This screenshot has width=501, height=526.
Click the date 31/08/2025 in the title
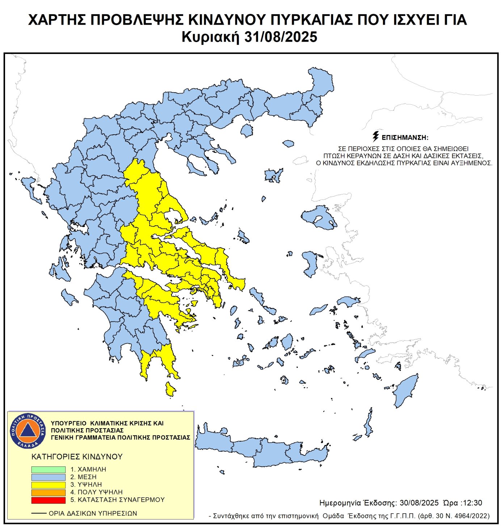coord(281,37)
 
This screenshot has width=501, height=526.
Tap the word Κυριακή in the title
coord(210,37)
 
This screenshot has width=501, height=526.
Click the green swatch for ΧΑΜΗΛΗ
coord(48,469)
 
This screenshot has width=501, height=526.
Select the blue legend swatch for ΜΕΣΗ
coord(48,477)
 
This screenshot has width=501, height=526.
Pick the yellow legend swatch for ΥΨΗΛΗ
coord(48,484)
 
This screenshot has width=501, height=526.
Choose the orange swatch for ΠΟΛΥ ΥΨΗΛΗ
coord(48,492)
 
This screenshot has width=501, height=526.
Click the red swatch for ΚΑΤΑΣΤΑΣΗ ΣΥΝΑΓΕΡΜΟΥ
coord(48,500)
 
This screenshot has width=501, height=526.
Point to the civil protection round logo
coord(28,430)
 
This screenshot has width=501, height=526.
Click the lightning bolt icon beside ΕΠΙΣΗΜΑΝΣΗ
coord(376,136)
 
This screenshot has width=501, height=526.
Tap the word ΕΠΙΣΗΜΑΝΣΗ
coord(405,138)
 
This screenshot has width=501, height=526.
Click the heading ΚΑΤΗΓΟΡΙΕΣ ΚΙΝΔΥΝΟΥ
coord(77,456)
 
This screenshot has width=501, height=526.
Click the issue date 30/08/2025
coord(419,503)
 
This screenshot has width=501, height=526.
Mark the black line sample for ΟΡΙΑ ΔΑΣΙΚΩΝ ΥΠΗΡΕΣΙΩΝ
coord(39,513)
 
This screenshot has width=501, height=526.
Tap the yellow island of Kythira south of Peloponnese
coord(170,389)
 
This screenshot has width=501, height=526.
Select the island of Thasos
coord(247,130)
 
